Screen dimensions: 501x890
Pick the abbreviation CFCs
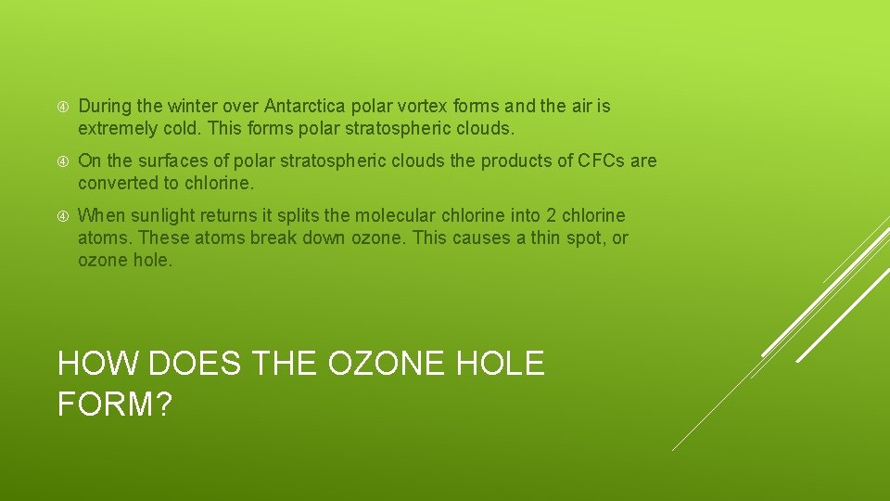pos(603,161)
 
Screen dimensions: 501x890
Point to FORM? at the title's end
pos(114,405)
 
